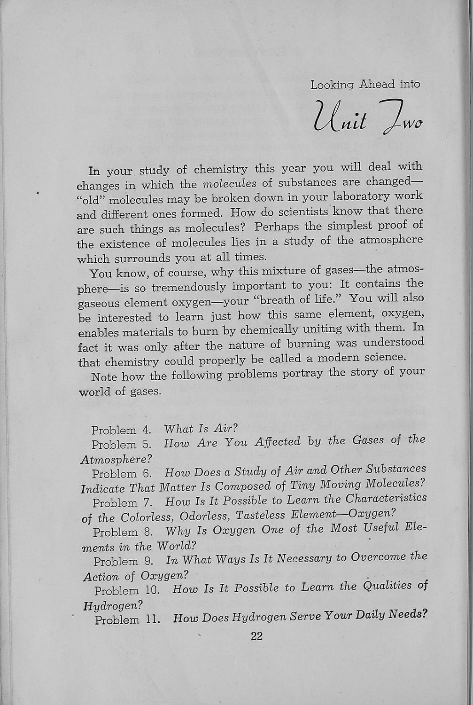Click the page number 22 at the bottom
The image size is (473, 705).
(x=256, y=636)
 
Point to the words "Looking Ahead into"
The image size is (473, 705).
(x=365, y=85)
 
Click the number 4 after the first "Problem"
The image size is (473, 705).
(x=146, y=430)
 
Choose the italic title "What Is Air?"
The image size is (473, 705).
(x=195, y=428)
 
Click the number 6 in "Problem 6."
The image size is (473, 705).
(x=147, y=473)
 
